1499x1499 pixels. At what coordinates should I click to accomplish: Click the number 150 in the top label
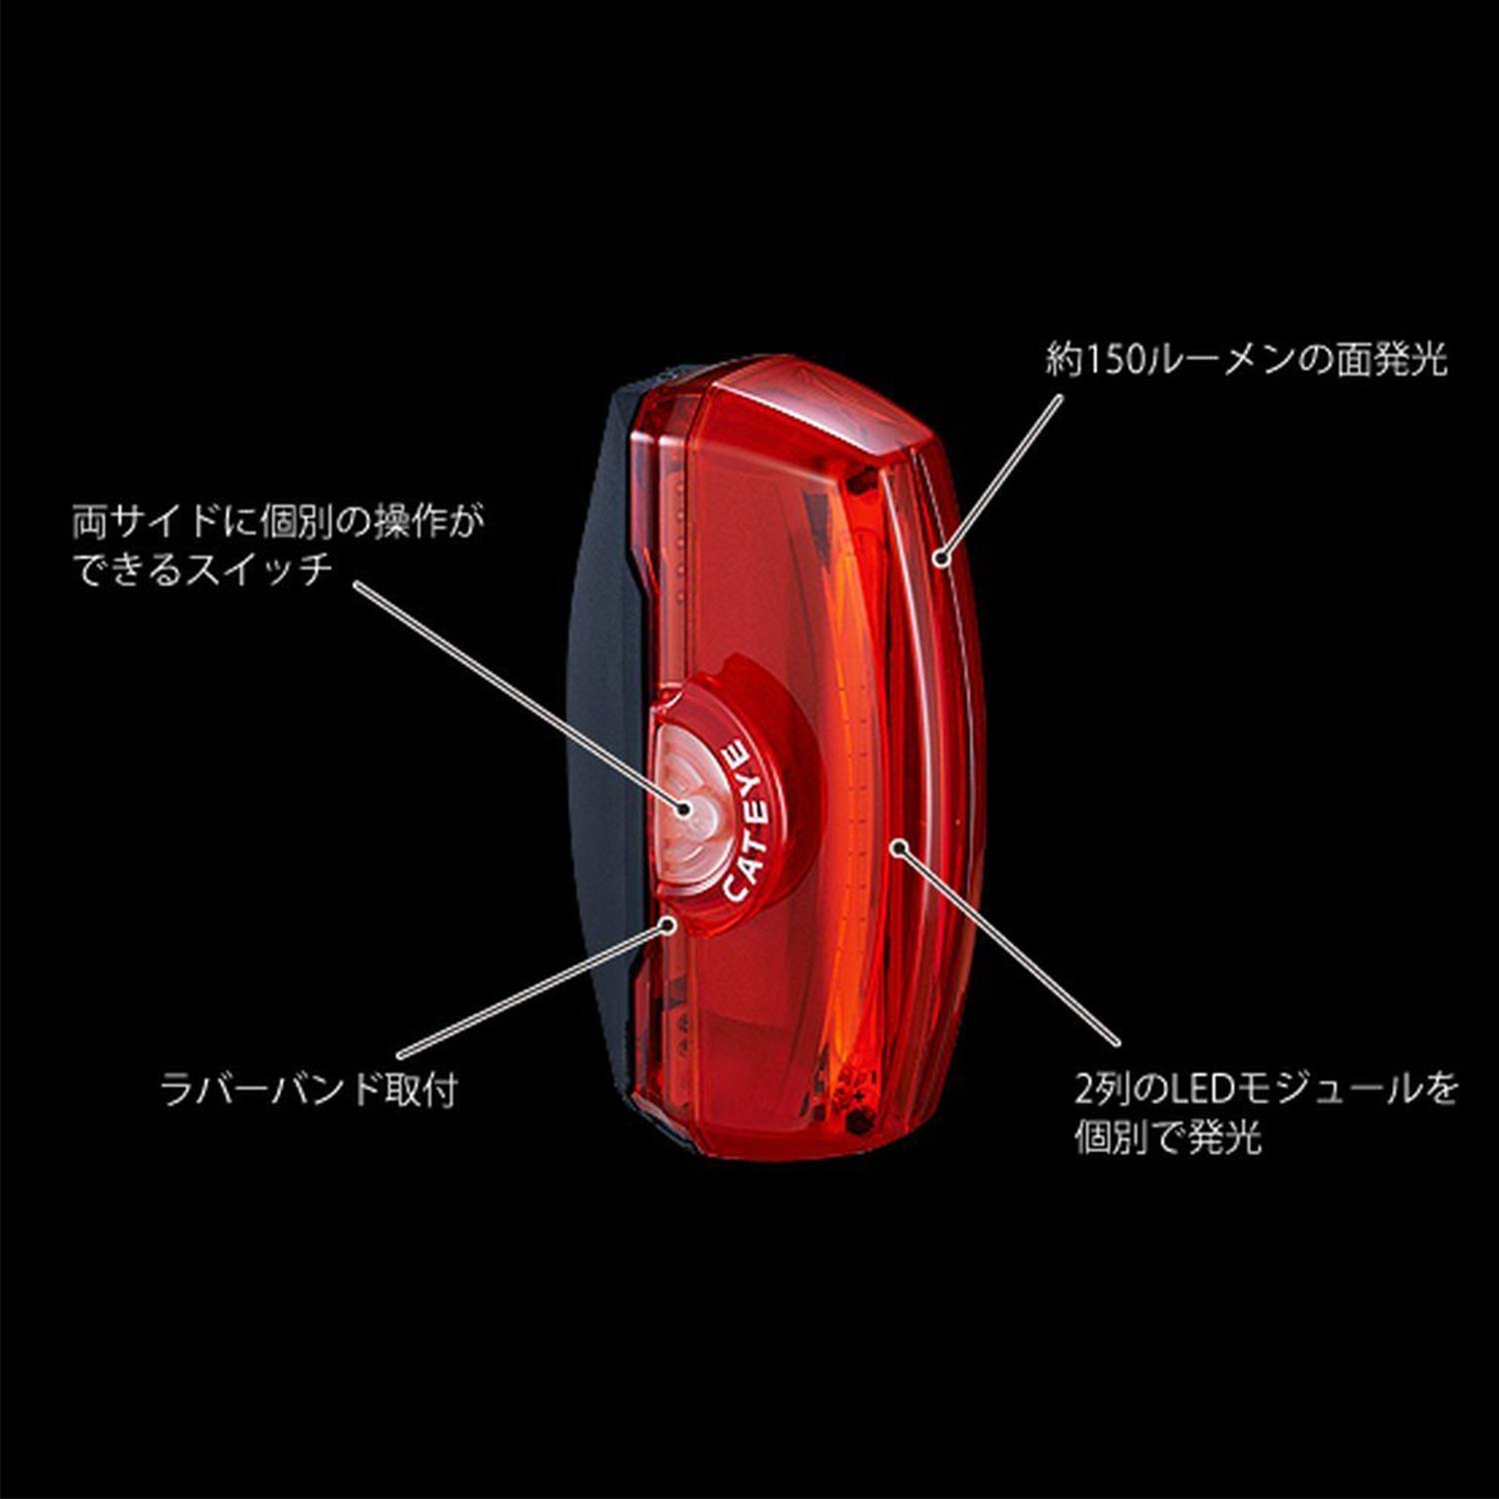1103,359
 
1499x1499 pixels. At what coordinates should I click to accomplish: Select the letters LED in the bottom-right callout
1178,1088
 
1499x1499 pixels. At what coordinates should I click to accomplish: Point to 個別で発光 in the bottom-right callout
1168,1136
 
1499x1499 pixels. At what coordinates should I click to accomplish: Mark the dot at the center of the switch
683,807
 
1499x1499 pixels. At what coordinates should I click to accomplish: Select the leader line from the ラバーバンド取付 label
534,992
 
